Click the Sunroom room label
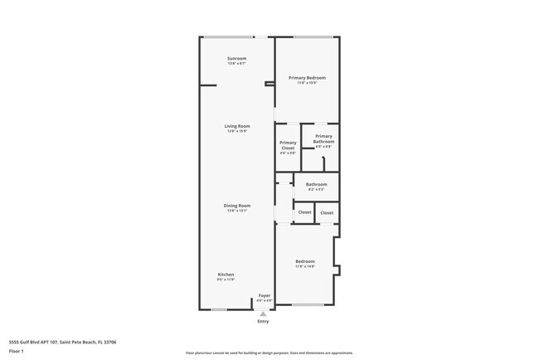pos(237,58)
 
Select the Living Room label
pos(237,126)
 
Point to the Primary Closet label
pos(288,145)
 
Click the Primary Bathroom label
pos(323,139)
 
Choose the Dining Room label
pos(237,206)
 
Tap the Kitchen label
pos(226,275)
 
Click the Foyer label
pos(264,295)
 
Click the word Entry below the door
pos(264,321)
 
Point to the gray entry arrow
pos(264,314)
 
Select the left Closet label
pos(304,212)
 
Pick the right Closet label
pos(327,212)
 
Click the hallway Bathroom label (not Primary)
pos(316,185)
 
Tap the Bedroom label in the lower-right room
pos(304,262)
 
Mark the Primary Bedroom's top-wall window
pos(313,36)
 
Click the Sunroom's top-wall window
pos(230,36)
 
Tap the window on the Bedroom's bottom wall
pos(308,305)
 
